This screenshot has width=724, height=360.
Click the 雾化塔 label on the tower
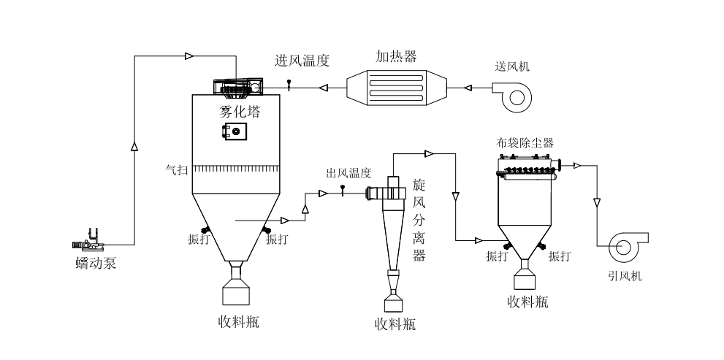(x=240, y=112)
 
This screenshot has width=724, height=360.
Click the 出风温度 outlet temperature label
(x=348, y=173)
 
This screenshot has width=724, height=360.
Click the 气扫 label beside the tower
(x=175, y=169)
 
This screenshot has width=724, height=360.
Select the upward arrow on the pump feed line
(x=134, y=147)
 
